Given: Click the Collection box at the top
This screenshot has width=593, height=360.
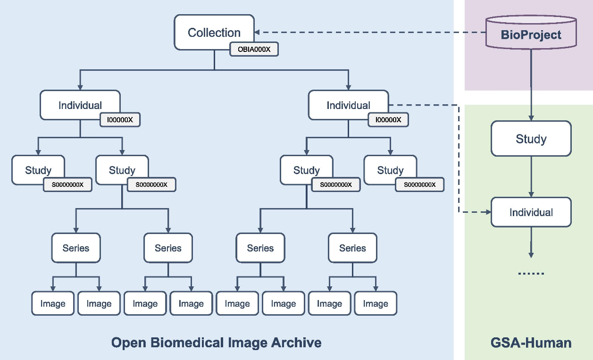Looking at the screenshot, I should click(x=214, y=32).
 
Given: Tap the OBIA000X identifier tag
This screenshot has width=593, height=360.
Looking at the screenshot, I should click(x=254, y=49).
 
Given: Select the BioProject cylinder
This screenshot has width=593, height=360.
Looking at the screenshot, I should click(x=531, y=33).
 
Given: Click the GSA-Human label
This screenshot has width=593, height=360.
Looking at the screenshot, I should click(x=531, y=342).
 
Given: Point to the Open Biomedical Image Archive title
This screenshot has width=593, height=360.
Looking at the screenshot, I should click(x=216, y=342).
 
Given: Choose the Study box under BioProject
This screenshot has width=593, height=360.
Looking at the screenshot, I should click(x=531, y=139).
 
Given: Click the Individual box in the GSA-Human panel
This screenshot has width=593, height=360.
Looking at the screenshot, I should click(x=531, y=212).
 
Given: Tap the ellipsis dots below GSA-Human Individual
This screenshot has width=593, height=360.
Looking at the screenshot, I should click(x=531, y=273).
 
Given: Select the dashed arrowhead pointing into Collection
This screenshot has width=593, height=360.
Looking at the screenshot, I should click(x=258, y=32).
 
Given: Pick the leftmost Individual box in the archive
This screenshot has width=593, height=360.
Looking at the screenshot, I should click(x=80, y=105).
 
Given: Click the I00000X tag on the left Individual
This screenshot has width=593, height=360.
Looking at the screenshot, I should click(x=120, y=120).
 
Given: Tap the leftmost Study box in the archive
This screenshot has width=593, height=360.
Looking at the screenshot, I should click(x=38, y=170).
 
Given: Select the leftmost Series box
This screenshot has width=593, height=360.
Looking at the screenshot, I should click(x=75, y=248).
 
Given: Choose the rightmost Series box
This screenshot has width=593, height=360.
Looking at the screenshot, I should click(x=352, y=248).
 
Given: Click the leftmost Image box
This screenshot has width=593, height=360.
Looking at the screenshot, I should click(x=52, y=303).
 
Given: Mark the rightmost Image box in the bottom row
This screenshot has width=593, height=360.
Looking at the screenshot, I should click(x=375, y=303).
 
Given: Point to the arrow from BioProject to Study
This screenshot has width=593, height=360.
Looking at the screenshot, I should click(x=531, y=85).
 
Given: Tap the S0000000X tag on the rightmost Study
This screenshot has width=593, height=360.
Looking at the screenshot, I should click(x=419, y=185).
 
